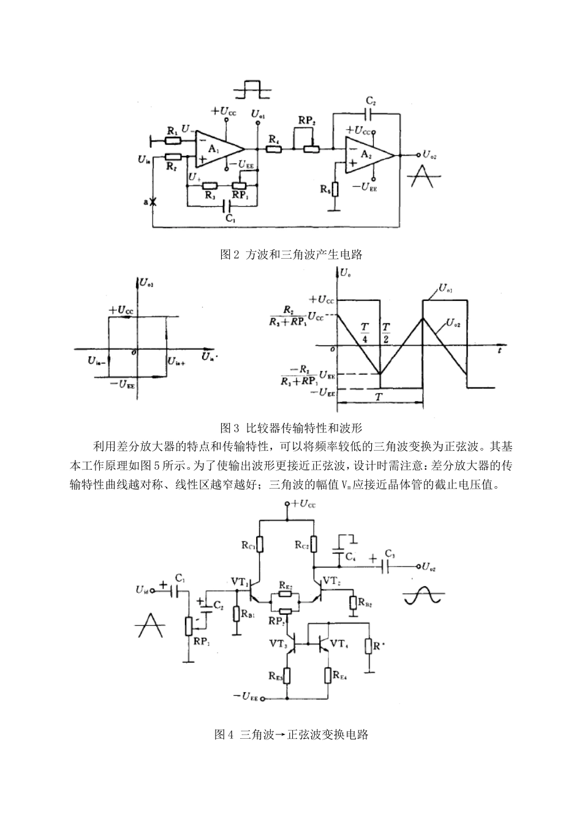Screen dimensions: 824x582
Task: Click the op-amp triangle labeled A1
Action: coord(217,150)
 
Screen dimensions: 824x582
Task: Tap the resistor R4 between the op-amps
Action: coord(274,148)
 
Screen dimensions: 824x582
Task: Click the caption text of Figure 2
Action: coord(291,254)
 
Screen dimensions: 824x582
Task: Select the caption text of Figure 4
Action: coord(291,734)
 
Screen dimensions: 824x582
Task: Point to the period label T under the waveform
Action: coord(380,397)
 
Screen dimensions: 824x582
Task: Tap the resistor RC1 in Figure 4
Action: coord(260,544)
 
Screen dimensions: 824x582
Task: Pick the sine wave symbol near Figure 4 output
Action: coord(423,594)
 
